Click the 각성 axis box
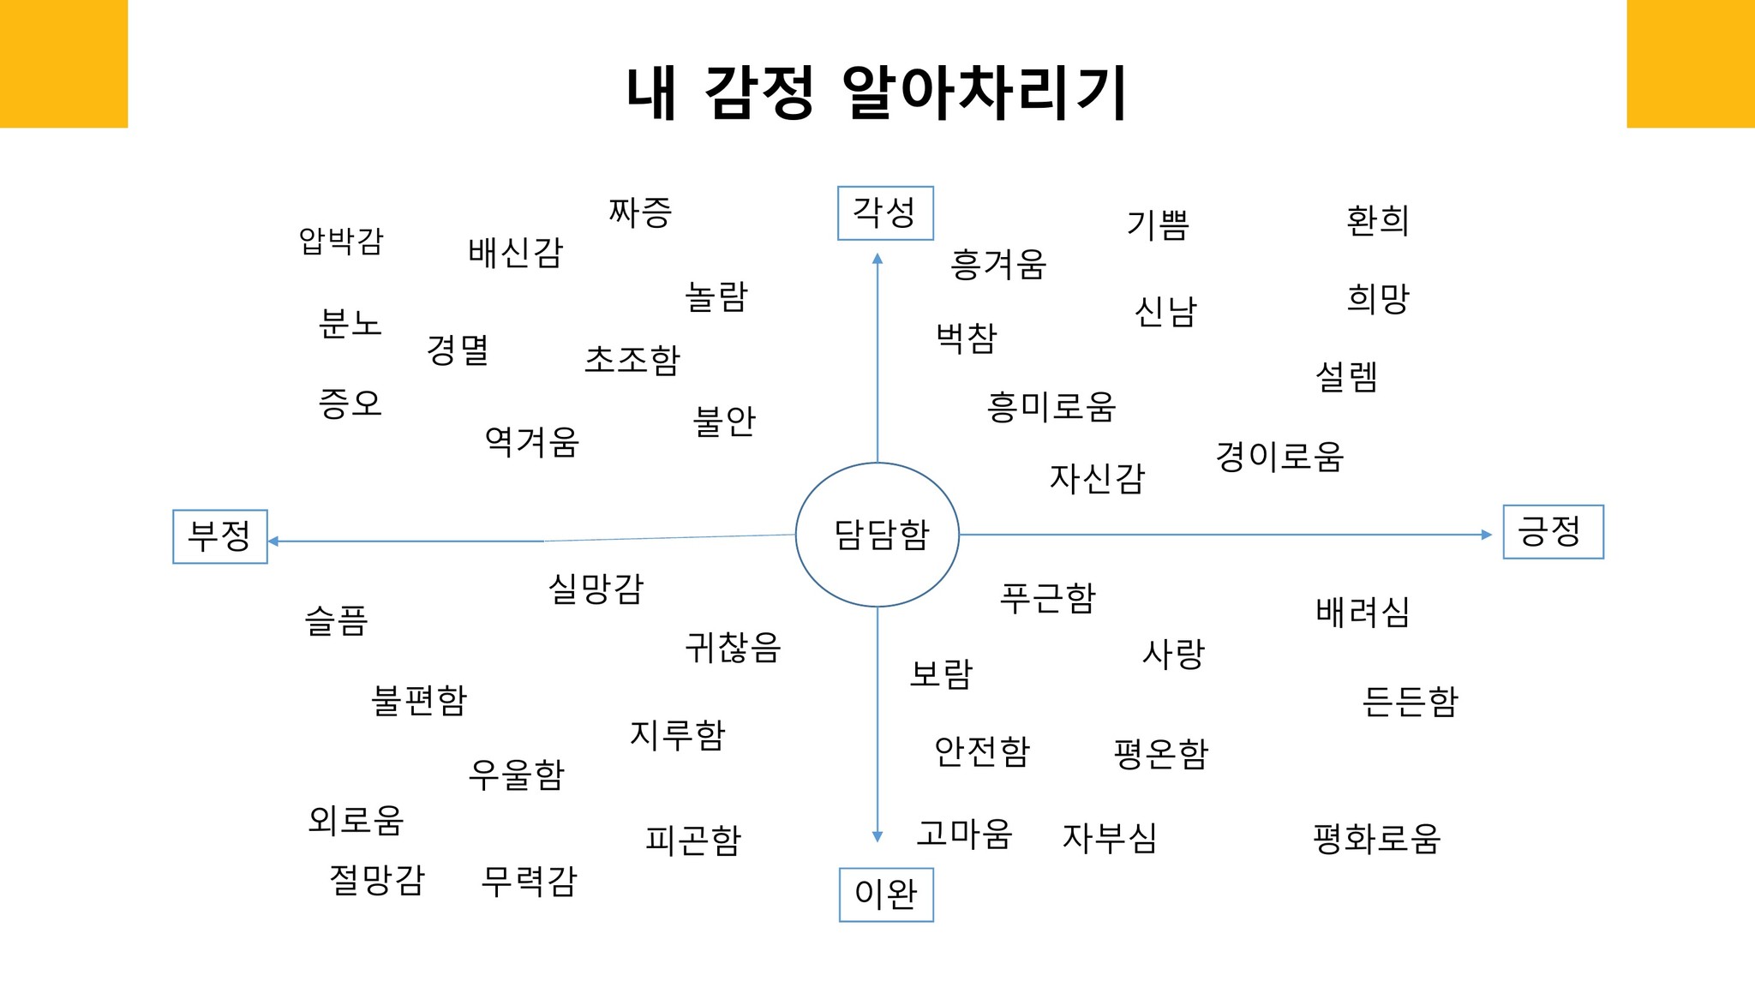point(884,212)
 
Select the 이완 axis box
point(885,894)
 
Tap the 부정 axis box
point(220,536)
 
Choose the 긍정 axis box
point(1553,532)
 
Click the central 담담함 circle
point(877,535)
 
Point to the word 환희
point(1378,220)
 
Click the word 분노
point(350,324)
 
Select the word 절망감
point(377,880)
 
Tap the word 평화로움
point(1377,838)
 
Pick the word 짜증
point(640,212)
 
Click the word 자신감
point(1097,478)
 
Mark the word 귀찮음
point(733,647)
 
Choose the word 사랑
point(1173,654)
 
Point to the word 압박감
point(341,241)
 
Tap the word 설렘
point(1346,376)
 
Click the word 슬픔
point(336,620)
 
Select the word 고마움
point(964,833)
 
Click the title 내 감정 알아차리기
point(876,93)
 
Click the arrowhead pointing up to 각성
point(877,259)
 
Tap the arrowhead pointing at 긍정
point(1487,535)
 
